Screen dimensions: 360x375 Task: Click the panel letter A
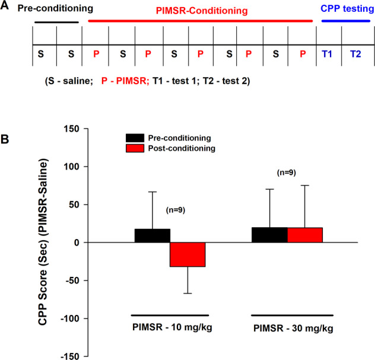tap(5, 5)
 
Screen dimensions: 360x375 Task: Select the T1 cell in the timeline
tap(326, 54)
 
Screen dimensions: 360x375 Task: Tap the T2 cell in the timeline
tap(355, 54)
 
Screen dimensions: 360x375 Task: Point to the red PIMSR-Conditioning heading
tap(202, 11)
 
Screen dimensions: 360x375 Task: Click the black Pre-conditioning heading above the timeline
tap(56, 9)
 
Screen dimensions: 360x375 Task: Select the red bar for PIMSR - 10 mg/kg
tap(188, 254)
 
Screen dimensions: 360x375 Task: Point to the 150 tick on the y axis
tap(71, 129)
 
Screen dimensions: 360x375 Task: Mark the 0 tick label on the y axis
tap(75, 243)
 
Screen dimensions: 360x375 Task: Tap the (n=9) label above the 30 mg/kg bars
tap(287, 173)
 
